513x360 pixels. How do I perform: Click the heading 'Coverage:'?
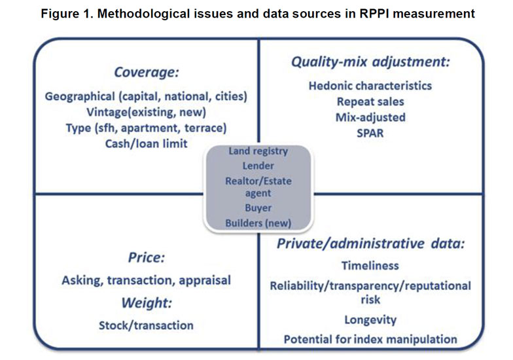pos(147,72)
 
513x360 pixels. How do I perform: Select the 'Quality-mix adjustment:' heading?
pos(370,62)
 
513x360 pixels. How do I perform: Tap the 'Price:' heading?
pos(147,258)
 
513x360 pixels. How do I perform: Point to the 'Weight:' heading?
pos(147,303)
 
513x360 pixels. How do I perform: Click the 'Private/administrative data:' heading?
pos(370,243)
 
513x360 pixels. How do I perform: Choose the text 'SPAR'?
pos(370,134)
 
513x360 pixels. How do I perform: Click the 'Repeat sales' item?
pos(370,102)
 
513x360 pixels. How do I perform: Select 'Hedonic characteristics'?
pos(370,86)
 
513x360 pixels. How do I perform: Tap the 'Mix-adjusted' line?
pos(370,118)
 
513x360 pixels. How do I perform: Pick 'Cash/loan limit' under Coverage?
pos(147,144)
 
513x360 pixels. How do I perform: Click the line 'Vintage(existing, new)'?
pos(147,113)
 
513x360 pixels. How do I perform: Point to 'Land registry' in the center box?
pos(258,151)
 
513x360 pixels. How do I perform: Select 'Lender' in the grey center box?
pos(258,166)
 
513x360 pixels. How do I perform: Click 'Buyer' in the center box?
pos(258,208)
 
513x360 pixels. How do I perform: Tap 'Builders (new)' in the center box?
pos(258,223)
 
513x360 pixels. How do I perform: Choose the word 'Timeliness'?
pos(370,266)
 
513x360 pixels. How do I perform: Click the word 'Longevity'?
pos(370,319)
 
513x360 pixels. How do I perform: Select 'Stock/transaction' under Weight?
pos(147,326)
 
